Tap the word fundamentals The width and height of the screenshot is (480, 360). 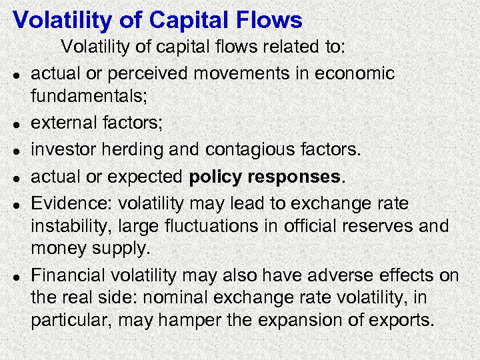(x=87, y=97)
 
